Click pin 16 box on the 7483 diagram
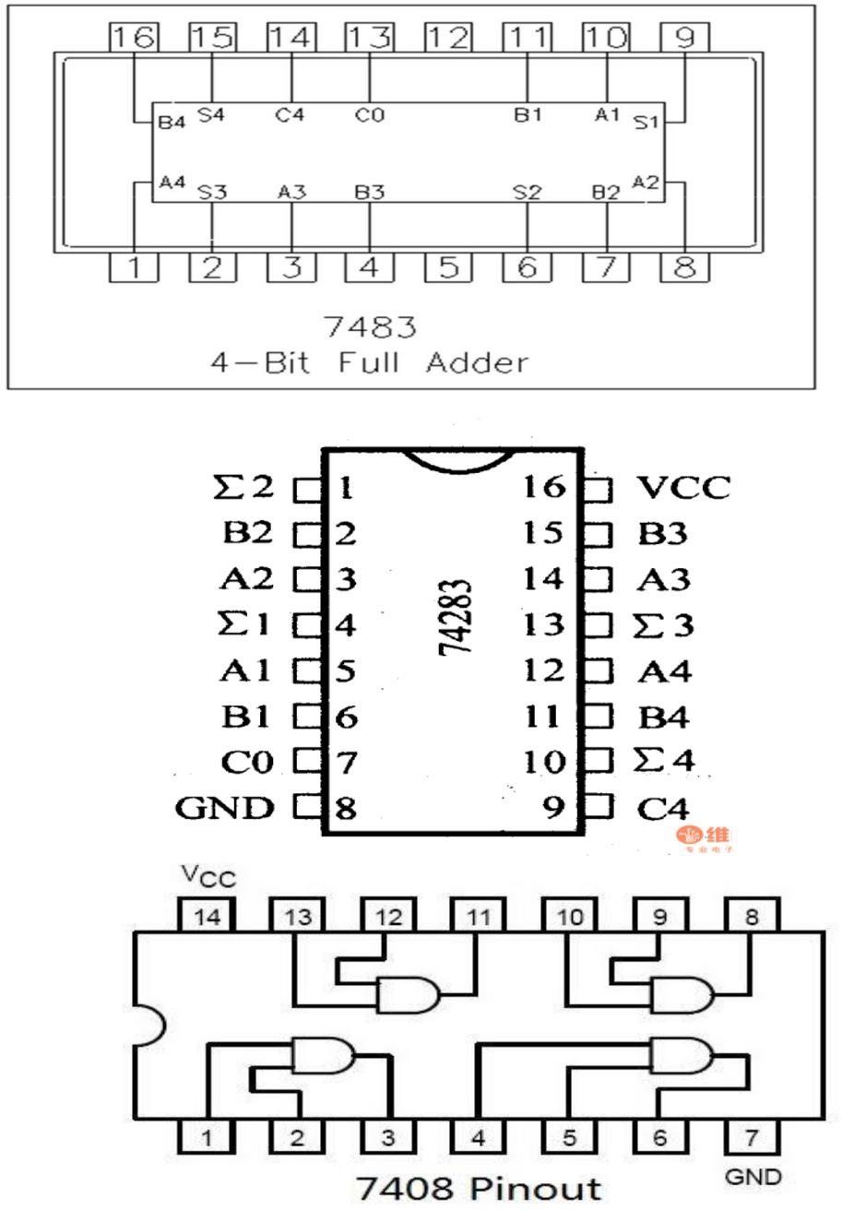pos(134,38)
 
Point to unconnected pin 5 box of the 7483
pos(448,268)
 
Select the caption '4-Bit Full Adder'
pos(369,362)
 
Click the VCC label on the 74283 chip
pos(683,486)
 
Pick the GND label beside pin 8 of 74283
pos(225,809)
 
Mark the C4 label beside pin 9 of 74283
pos(663,809)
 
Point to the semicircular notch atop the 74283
pos(454,458)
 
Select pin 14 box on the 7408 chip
pos(207,916)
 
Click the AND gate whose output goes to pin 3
pos(322,1054)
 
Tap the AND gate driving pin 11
pos(408,996)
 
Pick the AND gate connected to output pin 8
pos(682,995)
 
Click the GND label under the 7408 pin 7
pos(753,1176)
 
